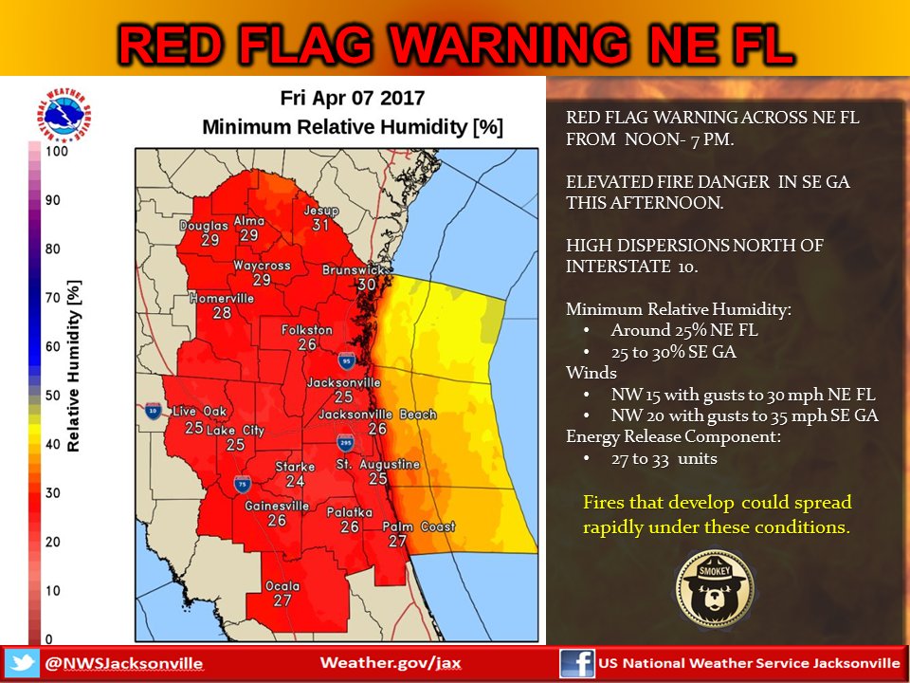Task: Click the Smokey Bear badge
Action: point(716,588)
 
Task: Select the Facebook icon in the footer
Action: point(576,662)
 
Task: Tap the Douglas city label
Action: point(204,226)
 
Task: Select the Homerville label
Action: point(222,298)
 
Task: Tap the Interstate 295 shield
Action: point(347,444)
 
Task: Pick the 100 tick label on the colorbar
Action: point(55,151)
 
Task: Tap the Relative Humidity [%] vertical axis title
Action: point(73,365)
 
